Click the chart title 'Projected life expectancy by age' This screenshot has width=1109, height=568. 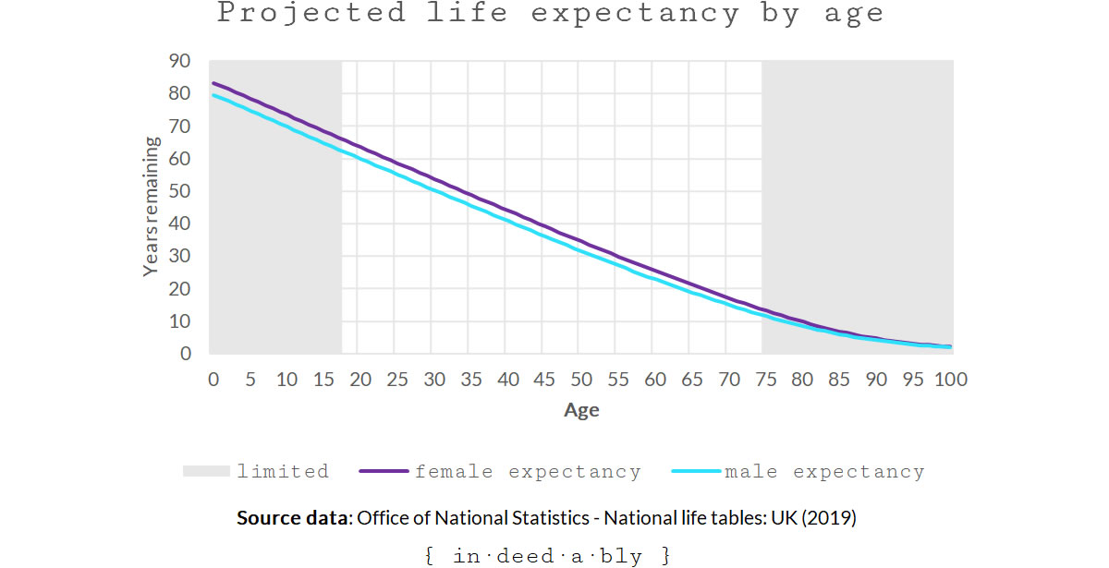[551, 14]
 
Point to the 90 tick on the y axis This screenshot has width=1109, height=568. [179, 61]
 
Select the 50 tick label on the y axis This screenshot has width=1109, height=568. [179, 191]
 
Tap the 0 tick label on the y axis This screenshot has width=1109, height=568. [185, 354]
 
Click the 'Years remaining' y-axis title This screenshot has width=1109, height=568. [152, 207]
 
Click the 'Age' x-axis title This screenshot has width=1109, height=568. [581, 410]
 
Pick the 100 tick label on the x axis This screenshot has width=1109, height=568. [950, 379]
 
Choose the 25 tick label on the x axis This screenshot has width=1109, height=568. [396, 379]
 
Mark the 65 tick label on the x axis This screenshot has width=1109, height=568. [691, 379]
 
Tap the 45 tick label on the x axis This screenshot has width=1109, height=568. [544, 379]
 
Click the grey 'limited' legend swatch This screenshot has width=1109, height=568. [204, 472]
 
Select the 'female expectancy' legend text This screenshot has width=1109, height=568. [528, 472]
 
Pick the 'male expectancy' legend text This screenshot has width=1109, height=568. [824, 472]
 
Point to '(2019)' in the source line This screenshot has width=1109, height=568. [829, 518]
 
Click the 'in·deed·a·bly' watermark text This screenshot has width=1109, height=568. [547, 556]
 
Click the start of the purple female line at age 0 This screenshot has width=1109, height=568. [213, 83]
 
